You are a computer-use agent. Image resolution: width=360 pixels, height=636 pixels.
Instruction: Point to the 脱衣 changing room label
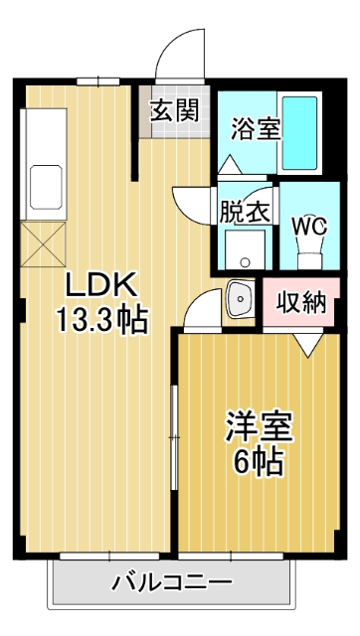(244, 211)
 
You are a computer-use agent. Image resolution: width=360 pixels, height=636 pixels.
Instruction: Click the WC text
(308, 225)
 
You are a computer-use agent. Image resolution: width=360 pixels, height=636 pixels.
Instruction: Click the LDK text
(99, 285)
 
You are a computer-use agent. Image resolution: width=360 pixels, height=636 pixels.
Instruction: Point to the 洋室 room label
(258, 428)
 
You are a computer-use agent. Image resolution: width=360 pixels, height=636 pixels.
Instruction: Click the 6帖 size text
(258, 462)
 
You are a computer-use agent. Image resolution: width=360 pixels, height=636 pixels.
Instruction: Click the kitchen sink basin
(46, 183)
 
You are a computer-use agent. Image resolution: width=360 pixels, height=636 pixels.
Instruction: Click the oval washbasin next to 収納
(239, 297)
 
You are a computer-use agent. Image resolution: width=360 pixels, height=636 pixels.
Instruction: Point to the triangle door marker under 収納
(307, 343)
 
